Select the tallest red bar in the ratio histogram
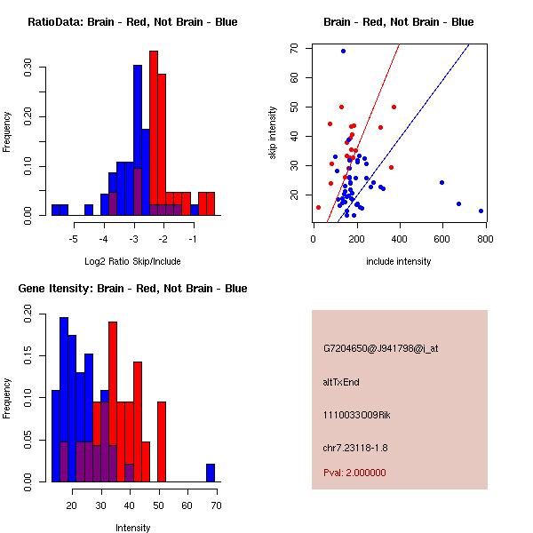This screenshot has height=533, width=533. (x=154, y=133)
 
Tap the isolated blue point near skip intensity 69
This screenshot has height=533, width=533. (x=343, y=51)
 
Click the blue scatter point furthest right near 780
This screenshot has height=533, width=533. (x=481, y=211)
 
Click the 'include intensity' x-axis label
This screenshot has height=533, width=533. (x=399, y=260)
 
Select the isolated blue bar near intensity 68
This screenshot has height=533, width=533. (x=211, y=473)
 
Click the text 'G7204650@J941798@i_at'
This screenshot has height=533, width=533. (x=380, y=348)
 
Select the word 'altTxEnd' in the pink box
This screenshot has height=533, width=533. (x=341, y=382)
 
